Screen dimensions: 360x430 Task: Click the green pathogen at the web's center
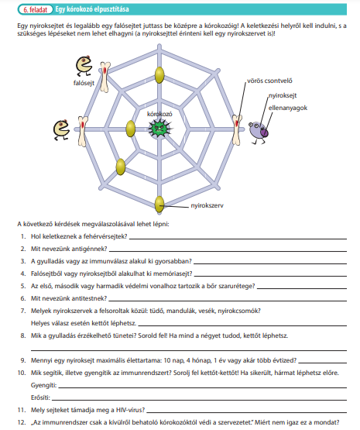(159, 129)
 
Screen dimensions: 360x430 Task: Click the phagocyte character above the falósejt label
(84, 66)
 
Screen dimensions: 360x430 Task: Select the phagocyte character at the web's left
(61, 129)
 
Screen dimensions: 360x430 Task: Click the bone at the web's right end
(237, 129)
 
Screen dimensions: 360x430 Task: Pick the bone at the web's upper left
(105, 77)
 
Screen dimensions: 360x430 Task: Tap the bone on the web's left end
(83, 132)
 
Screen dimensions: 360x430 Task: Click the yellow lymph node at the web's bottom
(159, 204)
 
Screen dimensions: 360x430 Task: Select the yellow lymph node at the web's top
(159, 74)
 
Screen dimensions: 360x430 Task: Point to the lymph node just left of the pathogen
(130, 129)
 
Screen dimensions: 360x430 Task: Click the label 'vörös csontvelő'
(269, 81)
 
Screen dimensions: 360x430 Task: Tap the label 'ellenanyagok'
(288, 108)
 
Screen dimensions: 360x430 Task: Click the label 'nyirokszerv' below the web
(207, 205)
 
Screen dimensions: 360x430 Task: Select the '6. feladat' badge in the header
(36, 9)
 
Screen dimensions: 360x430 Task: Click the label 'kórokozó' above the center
(159, 114)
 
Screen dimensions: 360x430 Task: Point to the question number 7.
(23, 311)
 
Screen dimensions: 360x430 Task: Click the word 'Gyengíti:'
(43, 385)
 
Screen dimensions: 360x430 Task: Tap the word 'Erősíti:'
(40, 397)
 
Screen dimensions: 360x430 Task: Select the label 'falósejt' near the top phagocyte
(84, 83)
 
